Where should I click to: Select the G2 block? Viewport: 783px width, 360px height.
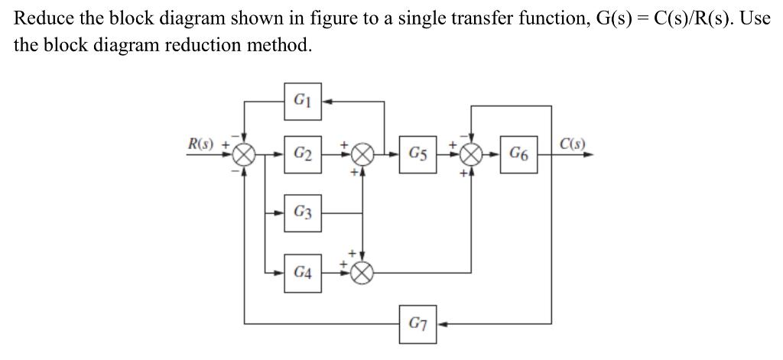point(303,153)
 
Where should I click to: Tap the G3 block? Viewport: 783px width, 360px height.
point(303,212)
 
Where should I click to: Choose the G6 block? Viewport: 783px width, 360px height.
point(518,153)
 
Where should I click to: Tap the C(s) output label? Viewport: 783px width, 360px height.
point(573,143)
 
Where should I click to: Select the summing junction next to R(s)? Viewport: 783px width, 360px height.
point(244,154)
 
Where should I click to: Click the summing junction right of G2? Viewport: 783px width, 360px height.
point(362,154)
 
